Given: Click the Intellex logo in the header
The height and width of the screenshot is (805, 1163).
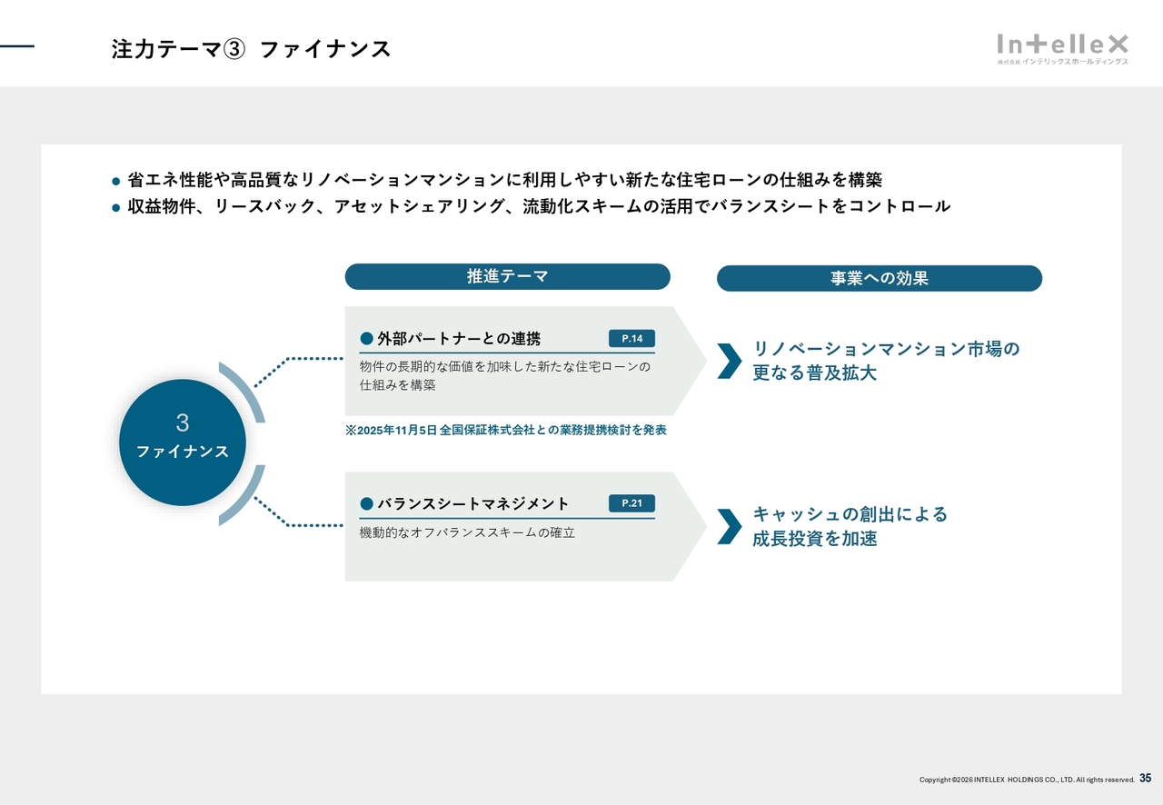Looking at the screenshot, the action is pos(1062,49).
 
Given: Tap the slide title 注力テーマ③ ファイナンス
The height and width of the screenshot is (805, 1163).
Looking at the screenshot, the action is pos(251,49).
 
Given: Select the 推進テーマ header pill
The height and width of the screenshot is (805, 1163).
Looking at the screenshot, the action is pos(507,276).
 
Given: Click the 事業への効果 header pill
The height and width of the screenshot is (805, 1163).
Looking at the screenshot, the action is pos(879,278).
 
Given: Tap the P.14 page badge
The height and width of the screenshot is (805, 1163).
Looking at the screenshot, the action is pos(631,339).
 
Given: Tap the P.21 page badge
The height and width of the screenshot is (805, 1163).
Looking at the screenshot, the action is pos(631,503).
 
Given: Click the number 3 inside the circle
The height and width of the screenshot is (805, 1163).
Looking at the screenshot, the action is pos(183,422).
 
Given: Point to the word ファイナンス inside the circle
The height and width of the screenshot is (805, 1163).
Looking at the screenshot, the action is pos(183,452).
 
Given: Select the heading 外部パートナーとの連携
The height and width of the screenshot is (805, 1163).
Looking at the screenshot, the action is pos(459,339).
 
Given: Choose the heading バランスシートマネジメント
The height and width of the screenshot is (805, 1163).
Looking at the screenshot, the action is pos(473,503).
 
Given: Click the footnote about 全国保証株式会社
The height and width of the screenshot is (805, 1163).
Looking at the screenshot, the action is pos(506,430).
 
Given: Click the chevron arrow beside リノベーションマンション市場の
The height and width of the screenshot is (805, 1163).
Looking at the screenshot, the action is pos(730,361).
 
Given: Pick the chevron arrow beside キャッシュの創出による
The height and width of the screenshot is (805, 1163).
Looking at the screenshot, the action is pos(730,527).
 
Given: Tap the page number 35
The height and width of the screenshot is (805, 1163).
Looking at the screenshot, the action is pos(1146,778).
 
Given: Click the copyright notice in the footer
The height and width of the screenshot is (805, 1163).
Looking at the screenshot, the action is pos(1027,780).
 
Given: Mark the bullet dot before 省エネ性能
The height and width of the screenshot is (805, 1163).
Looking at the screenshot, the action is pos(115,181).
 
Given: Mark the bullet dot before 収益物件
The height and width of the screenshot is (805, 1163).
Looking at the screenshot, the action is pos(115,208).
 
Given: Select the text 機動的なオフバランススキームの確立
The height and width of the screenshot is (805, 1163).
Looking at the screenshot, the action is pos(467,532).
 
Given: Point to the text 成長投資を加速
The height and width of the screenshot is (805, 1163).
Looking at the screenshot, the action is pos(815,539).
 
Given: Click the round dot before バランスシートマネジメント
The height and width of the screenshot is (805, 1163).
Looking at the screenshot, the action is pos(366,503).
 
